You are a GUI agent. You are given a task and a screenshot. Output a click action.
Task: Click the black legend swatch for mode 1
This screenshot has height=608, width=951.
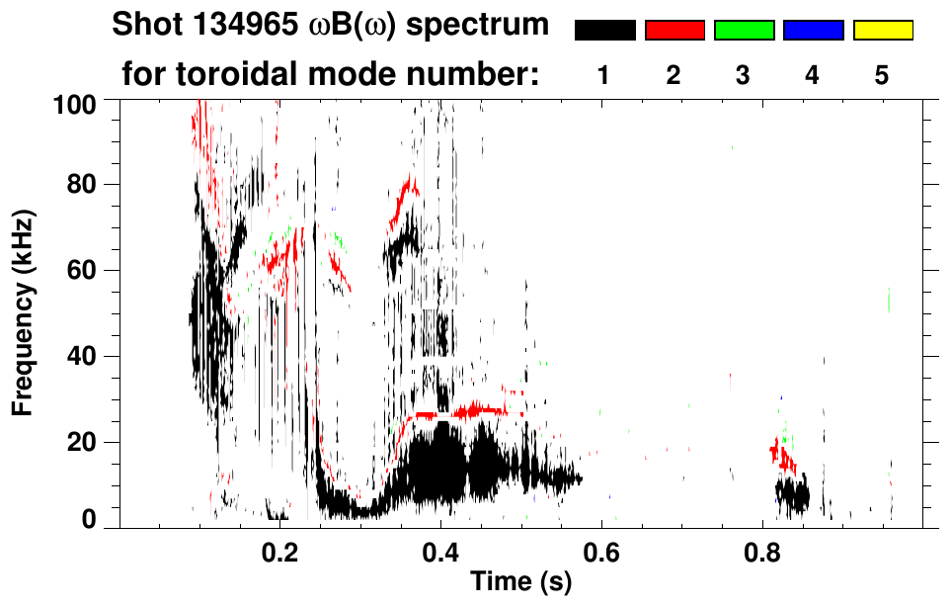pyautogui.click(x=604, y=31)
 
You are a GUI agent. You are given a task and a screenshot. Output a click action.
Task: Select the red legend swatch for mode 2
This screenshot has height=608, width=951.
pyautogui.click(x=674, y=31)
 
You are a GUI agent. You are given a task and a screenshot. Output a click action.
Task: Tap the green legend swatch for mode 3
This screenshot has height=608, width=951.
pyautogui.click(x=744, y=31)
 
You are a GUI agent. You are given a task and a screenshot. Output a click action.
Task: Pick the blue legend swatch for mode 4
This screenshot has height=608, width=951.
pyautogui.click(x=813, y=31)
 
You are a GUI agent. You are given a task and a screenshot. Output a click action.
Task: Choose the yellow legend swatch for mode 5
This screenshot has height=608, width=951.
pyautogui.click(x=882, y=31)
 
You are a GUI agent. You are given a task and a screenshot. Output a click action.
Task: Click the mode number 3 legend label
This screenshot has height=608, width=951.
pyautogui.click(x=744, y=76)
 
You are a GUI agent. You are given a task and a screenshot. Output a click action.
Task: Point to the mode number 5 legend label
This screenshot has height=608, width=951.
pyautogui.click(x=882, y=76)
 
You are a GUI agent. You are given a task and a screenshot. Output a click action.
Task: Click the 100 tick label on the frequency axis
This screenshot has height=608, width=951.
pyautogui.click(x=73, y=103)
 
